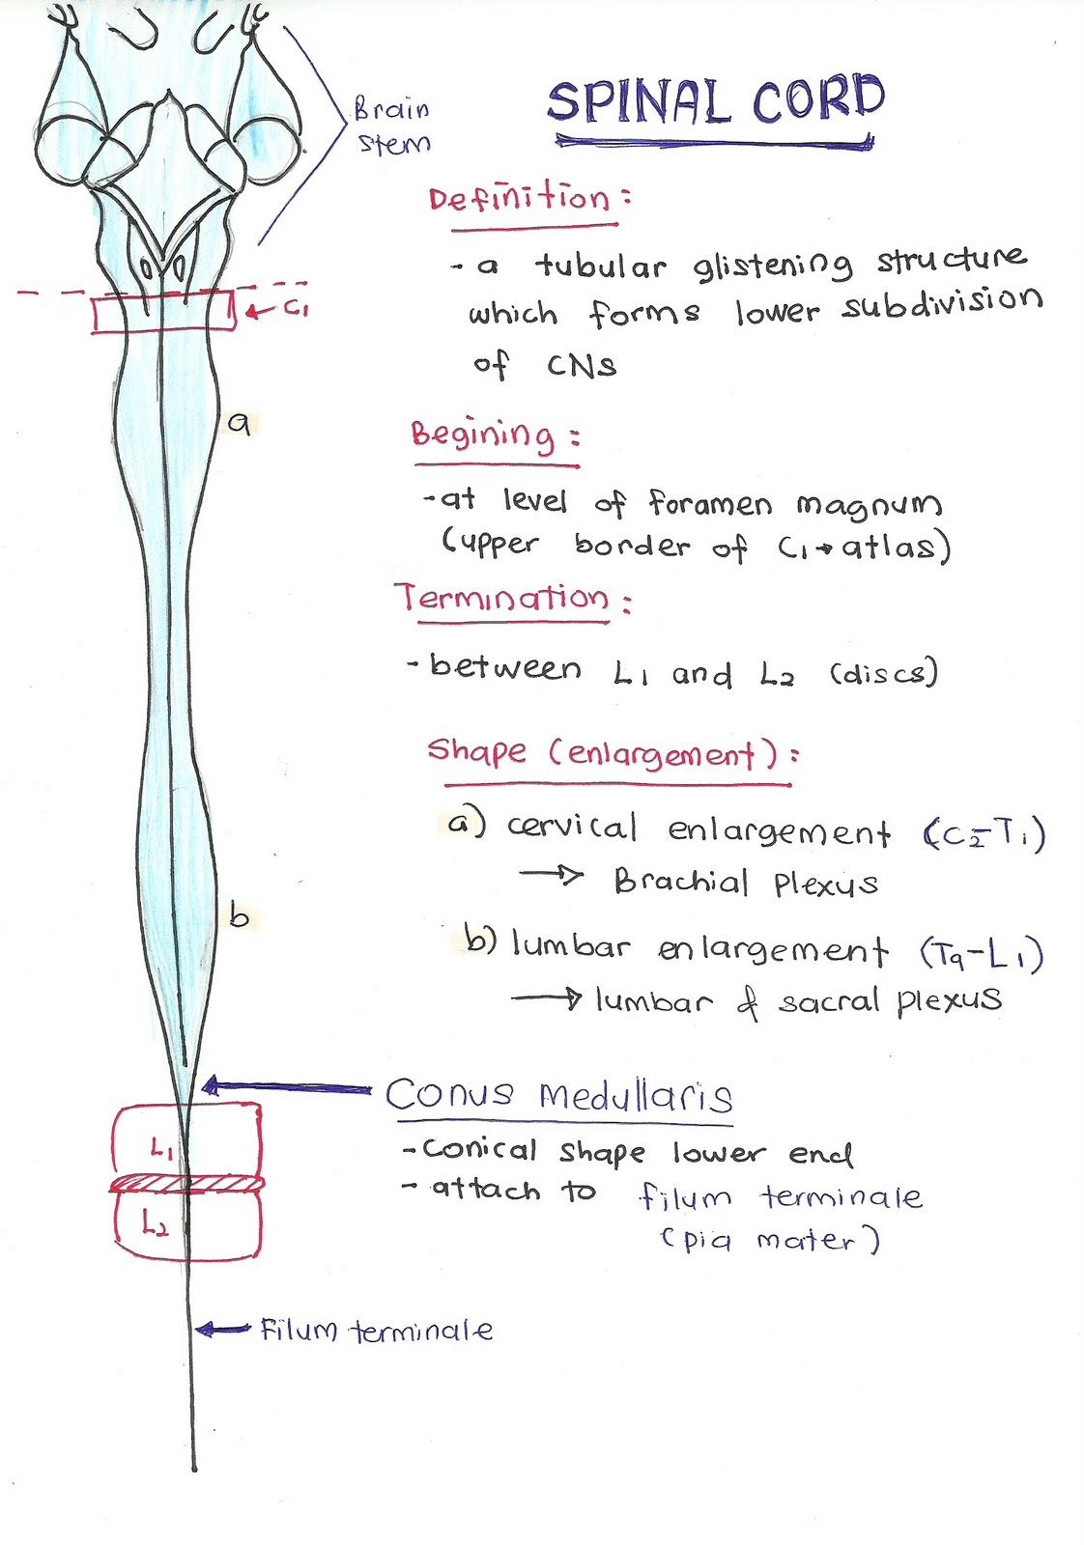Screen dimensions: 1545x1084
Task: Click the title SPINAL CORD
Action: [x=715, y=101]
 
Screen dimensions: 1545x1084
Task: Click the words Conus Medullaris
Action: [x=558, y=1095]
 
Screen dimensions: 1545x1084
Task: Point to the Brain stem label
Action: [x=392, y=126]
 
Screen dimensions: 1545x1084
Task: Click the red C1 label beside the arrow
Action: [x=295, y=310]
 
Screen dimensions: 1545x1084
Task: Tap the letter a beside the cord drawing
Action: [x=239, y=422]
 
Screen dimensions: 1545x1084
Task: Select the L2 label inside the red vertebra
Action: [x=155, y=1224]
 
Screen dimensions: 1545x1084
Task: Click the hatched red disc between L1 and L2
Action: [x=185, y=1184]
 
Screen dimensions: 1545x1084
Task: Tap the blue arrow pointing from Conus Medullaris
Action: [x=285, y=1088]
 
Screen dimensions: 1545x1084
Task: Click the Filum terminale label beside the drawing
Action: [x=376, y=1331]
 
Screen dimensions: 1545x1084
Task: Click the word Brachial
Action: [x=681, y=881]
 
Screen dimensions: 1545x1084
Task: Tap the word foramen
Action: [x=710, y=504]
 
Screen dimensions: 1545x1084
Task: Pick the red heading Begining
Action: [x=483, y=435]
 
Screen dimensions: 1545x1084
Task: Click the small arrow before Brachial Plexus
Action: [x=552, y=875]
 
